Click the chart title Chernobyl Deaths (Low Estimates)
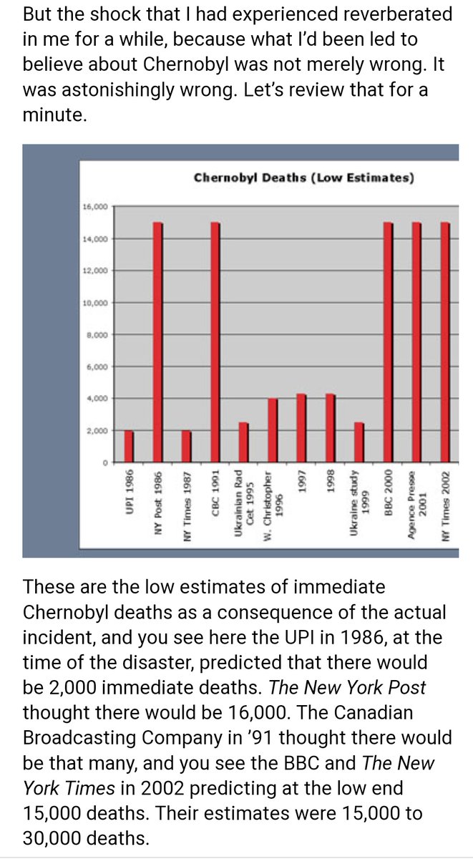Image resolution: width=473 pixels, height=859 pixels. tap(303, 178)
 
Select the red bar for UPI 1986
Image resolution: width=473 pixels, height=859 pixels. tap(130, 446)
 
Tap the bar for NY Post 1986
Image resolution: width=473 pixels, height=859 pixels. tap(158, 341)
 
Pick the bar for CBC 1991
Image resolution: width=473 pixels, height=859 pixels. tap(215, 341)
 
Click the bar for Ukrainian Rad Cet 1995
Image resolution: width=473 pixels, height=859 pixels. tap(244, 442)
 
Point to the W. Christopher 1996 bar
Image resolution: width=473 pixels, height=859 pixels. tap(273, 430)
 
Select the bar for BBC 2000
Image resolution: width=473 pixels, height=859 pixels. tap(389, 341)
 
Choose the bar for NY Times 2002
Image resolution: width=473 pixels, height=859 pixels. tap(445, 341)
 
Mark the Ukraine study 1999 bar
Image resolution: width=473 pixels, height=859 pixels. tap(359, 442)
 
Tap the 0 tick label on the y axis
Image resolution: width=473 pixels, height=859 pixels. tap(104, 463)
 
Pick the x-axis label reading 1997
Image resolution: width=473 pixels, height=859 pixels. tap(302, 481)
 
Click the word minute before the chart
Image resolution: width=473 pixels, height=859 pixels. tap(55, 115)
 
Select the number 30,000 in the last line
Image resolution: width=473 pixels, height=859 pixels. tap(52, 838)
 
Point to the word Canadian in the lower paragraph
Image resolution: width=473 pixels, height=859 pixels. tap(374, 712)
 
